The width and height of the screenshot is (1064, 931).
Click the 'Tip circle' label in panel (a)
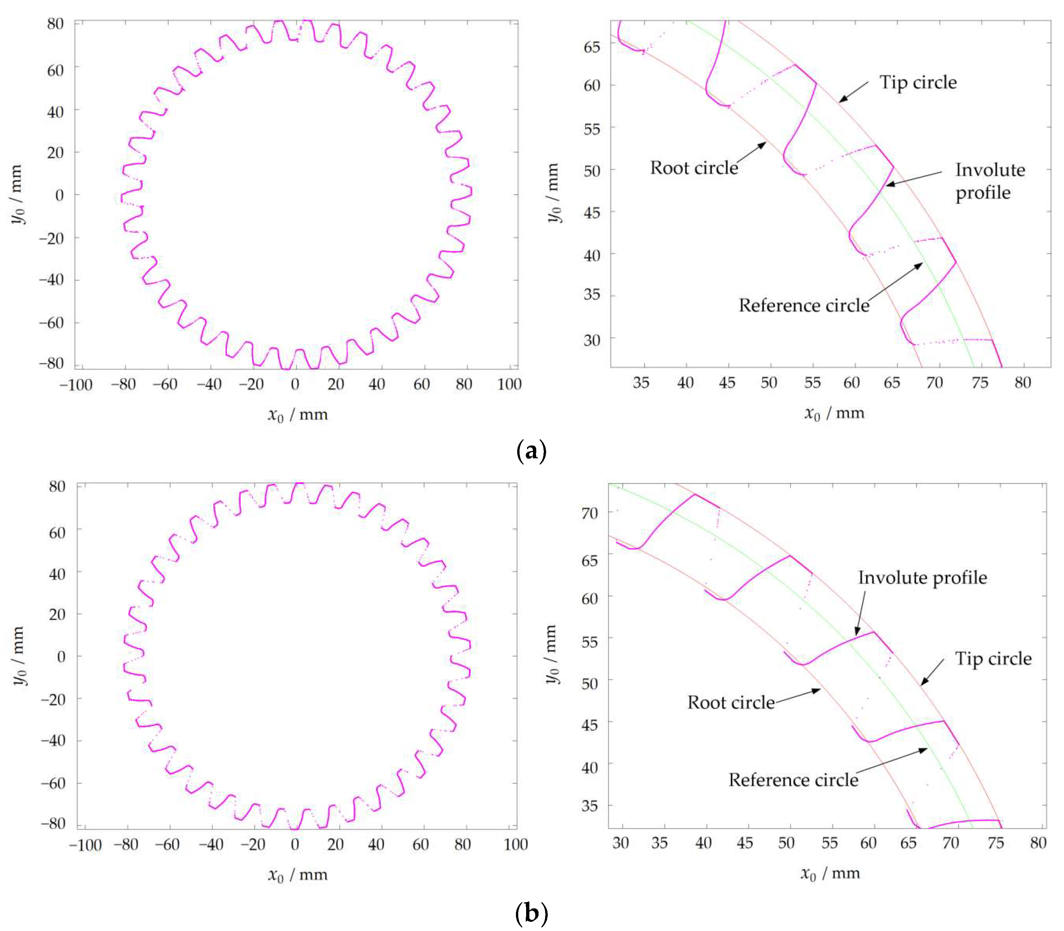pyautogui.click(x=917, y=83)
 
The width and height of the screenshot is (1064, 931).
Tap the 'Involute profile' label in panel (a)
pyautogui.click(x=990, y=181)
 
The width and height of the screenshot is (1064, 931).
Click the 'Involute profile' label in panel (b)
pyautogui.click(x=922, y=578)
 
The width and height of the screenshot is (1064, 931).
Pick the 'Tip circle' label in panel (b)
pyautogui.click(x=993, y=659)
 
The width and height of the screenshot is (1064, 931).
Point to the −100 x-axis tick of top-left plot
pyautogui.click(x=76, y=385)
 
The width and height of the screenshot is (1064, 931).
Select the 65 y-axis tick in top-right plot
pyautogui.click(x=592, y=47)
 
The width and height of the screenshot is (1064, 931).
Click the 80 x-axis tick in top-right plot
pyautogui.click(x=1022, y=383)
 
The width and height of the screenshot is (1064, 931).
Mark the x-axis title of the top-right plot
pyautogui.click(x=834, y=413)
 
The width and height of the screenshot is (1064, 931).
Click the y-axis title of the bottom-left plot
pyautogui.click(x=19, y=655)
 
